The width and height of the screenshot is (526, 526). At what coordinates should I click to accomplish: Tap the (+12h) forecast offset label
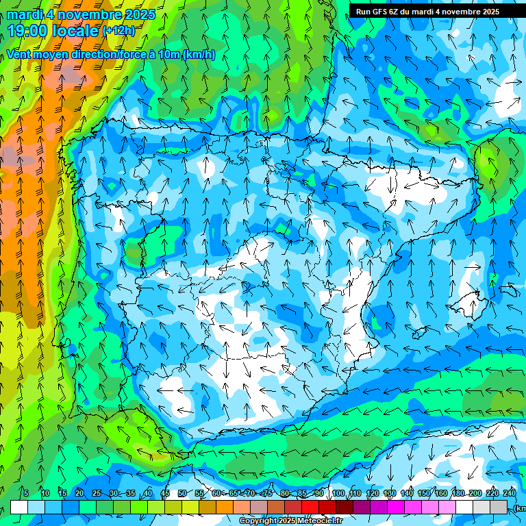(x=118, y=31)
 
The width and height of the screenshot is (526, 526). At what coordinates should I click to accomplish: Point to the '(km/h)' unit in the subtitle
(x=199, y=54)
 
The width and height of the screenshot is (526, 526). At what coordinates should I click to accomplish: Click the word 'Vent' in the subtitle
(x=20, y=54)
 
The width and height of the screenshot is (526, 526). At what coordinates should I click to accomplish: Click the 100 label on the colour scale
(x=338, y=493)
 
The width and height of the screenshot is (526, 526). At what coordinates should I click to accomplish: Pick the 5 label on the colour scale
(x=26, y=493)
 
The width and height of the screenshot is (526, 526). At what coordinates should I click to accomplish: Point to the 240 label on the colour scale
(x=510, y=493)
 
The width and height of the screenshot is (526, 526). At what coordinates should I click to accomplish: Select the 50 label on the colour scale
(x=182, y=493)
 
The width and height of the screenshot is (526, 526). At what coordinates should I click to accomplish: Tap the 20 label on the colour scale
(x=79, y=493)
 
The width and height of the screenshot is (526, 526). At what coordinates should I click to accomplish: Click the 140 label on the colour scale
(x=407, y=493)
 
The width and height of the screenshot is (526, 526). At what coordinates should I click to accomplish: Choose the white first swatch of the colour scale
(x=19, y=507)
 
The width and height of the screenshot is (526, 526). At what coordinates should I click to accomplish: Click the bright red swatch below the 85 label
(x=310, y=507)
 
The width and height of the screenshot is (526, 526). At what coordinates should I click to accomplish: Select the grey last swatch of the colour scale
(x=499, y=507)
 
